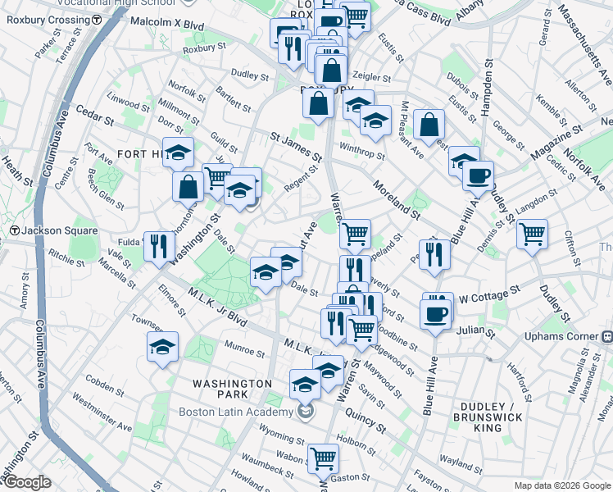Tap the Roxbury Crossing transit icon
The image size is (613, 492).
click(x=97, y=19)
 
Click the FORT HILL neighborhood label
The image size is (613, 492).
click(x=141, y=154)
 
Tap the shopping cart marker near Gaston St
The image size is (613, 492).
click(x=323, y=459)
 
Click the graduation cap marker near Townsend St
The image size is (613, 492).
click(x=162, y=347)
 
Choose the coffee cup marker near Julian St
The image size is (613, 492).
click(x=435, y=313)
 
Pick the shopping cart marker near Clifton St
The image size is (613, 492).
click(x=532, y=235)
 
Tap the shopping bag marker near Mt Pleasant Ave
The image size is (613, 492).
click(x=429, y=125)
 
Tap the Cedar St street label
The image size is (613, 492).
click(x=94, y=115)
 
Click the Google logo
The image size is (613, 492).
click(x=26, y=482)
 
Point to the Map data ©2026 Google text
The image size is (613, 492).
click(x=561, y=485)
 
